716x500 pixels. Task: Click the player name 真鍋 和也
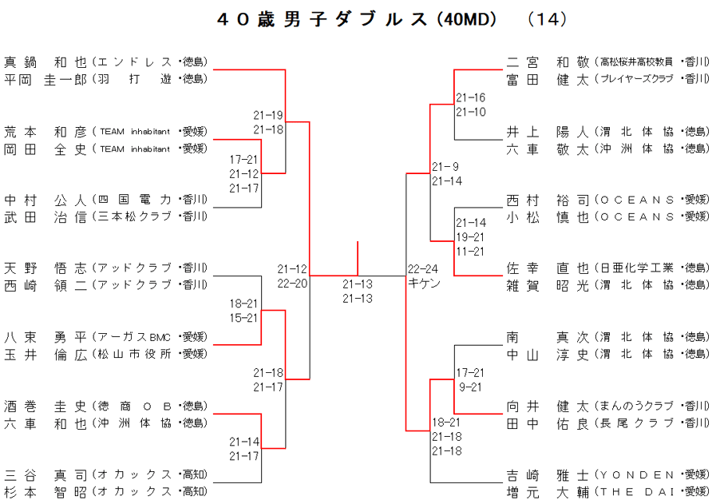(45, 62)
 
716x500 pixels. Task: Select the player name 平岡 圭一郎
(45, 79)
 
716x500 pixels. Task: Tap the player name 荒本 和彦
(45, 131)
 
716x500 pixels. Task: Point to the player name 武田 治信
(45, 216)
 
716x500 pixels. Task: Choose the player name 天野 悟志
(45, 268)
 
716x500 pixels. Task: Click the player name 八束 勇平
(45, 337)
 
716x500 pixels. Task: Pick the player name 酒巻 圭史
(45, 406)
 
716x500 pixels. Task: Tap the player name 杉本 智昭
(45, 492)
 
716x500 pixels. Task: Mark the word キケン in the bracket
(424, 284)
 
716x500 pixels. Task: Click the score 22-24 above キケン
(424, 269)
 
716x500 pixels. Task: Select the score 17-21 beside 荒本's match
(243, 160)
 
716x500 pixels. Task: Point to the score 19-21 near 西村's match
(470, 237)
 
